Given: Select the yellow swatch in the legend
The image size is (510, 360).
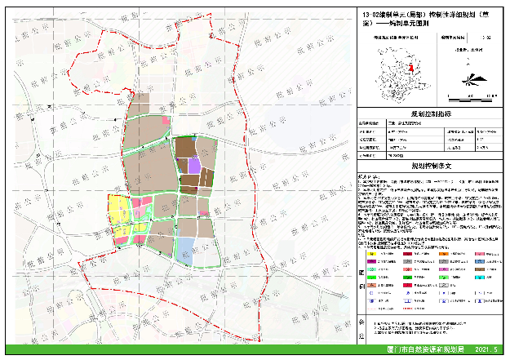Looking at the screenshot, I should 375,254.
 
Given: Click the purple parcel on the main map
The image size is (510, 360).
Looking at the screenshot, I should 194,166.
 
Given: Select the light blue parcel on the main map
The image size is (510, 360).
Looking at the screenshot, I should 187,247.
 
